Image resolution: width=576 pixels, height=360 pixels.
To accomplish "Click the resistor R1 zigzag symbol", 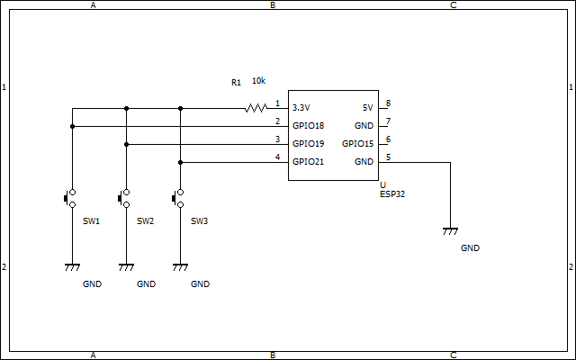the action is pyautogui.click(x=256, y=108).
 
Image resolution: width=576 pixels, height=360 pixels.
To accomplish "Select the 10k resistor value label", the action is pyautogui.click(x=258, y=81).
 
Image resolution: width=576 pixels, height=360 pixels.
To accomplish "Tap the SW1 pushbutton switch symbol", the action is pyautogui.click(x=70, y=198).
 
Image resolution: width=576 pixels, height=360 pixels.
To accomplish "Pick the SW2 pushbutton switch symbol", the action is pyautogui.click(x=124, y=198).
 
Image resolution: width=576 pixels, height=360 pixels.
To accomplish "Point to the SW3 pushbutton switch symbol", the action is pyautogui.click(x=178, y=198).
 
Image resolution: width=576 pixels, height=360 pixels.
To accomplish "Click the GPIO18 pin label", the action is pyautogui.click(x=308, y=126).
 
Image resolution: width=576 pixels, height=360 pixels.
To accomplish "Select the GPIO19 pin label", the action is pyautogui.click(x=308, y=144).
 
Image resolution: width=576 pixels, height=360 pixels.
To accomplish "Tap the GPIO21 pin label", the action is pyautogui.click(x=308, y=162).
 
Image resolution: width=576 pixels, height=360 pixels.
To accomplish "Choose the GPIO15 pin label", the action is pyautogui.click(x=358, y=144).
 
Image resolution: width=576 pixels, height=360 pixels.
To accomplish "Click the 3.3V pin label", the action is pyautogui.click(x=301, y=108).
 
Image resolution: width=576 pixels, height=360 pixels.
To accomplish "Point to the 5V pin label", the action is pyautogui.click(x=368, y=108).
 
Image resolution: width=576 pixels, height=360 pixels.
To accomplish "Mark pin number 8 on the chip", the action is pyautogui.click(x=388, y=103).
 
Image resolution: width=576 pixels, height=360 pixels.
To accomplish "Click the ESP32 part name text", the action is pyautogui.click(x=392, y=194).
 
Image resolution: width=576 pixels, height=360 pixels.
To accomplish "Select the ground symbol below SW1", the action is pyautogui.click(x=72, y=267).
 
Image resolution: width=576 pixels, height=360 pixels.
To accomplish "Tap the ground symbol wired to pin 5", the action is pyautogui.click(x=450, y=231).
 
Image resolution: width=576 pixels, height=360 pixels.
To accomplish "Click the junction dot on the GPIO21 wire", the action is pyautogui.click(x=180, y=162).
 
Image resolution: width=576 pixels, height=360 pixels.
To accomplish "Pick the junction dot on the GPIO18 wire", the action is pyautogui.click(x=72, y=126).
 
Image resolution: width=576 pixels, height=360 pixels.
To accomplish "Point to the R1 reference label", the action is pyautogui.click(x=236, y=83).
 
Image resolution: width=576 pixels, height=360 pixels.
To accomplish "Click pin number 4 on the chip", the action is pyautogui.click(x=278, y=157).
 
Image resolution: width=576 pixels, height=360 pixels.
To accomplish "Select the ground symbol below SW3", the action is pyautogui.click(x=180, y=267).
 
